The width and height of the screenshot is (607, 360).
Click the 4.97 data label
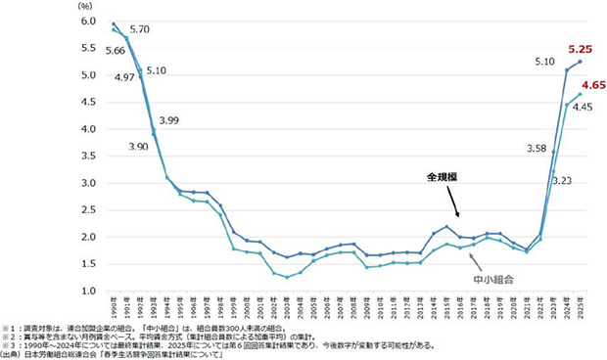tap(98, 76)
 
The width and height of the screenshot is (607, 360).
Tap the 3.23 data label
tap(561, 180)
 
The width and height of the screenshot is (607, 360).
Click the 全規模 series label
tap(443, 179)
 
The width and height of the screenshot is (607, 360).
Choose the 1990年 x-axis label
tap(114, 306)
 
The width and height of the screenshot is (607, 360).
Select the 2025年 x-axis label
tap(580, 306)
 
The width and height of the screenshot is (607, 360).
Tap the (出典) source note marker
tap(14, 353)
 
